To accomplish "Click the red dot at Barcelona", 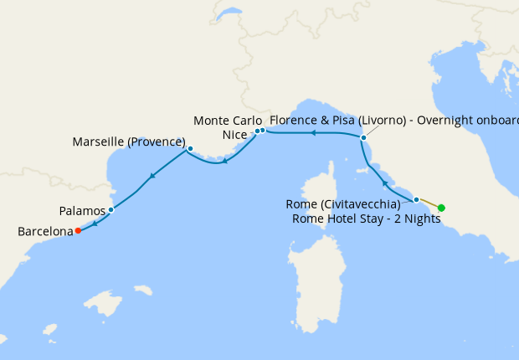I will [x=78, y=230].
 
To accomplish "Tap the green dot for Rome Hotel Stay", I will [x=441, y=208].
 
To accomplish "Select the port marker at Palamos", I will [x=110, y=209].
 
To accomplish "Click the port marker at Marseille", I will [x=190, y=149].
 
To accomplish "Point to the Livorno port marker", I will [x=363, y=137].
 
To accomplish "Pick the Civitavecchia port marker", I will [x=416, y=199].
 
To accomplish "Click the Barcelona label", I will [x=44, y=230].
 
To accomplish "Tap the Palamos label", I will [x=83, y=211].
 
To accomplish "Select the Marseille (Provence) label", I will [x=129, y=141].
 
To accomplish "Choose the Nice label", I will [x=236, y=134].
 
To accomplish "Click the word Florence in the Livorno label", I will [x=292, y=121].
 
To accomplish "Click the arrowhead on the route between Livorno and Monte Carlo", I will [x=311, y=132].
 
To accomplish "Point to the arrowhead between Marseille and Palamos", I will [x=152, y=176].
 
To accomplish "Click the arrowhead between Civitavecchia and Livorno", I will [x=384, y=182].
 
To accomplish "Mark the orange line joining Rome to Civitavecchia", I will [x=429, y=203].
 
